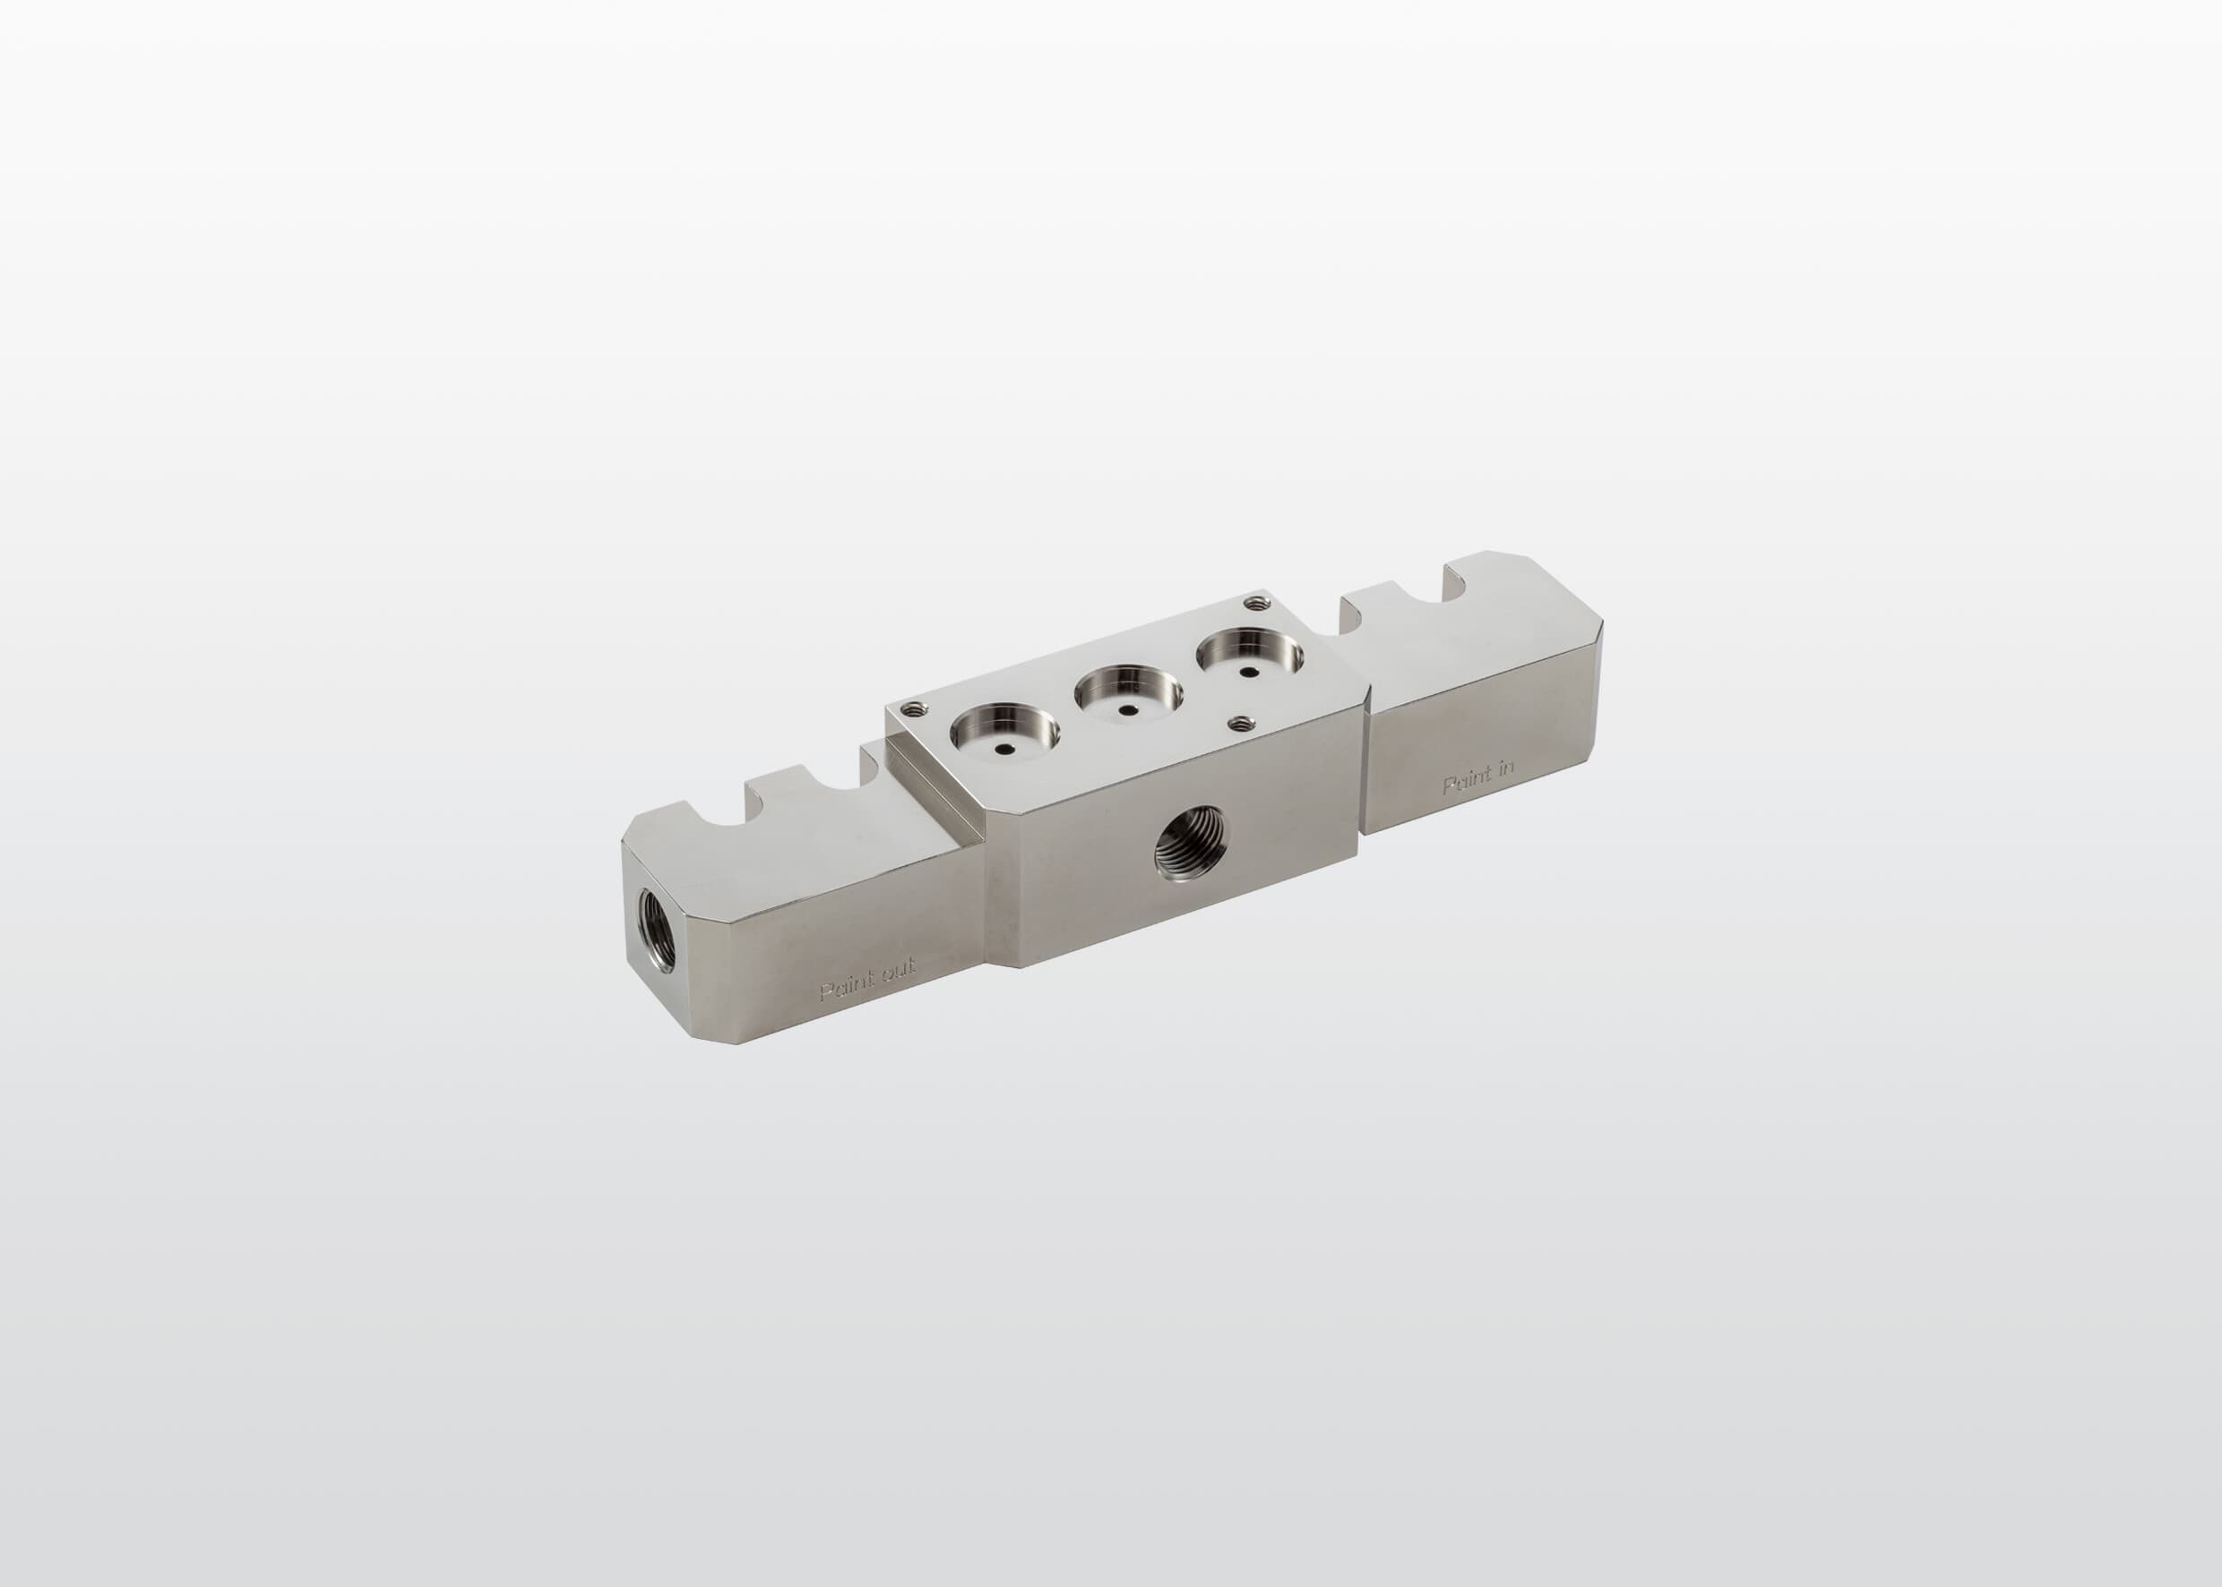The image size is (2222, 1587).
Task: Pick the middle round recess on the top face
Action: coord(1129,696)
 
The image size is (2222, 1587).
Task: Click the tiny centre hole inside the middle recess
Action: coord(1127,710)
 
